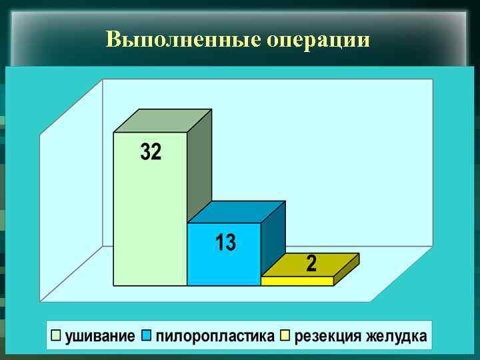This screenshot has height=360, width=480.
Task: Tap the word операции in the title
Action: click(318, 41)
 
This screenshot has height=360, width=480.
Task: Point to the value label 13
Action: click(225, 243)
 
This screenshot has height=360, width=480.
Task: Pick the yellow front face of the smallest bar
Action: click(297, 281)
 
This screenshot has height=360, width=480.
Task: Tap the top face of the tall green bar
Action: click(163, 121)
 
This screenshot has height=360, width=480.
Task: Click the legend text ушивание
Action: click(101, 336)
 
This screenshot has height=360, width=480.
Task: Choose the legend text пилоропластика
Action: click(215, 336)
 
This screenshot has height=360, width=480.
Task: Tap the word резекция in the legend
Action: click(327, 336)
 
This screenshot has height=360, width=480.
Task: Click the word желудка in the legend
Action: click(396, 336)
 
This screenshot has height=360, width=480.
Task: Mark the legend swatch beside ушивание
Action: click(56, 335)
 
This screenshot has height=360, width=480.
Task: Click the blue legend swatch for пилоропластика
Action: click(147, 335)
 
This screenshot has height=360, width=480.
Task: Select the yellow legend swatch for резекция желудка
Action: click(285, 335)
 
